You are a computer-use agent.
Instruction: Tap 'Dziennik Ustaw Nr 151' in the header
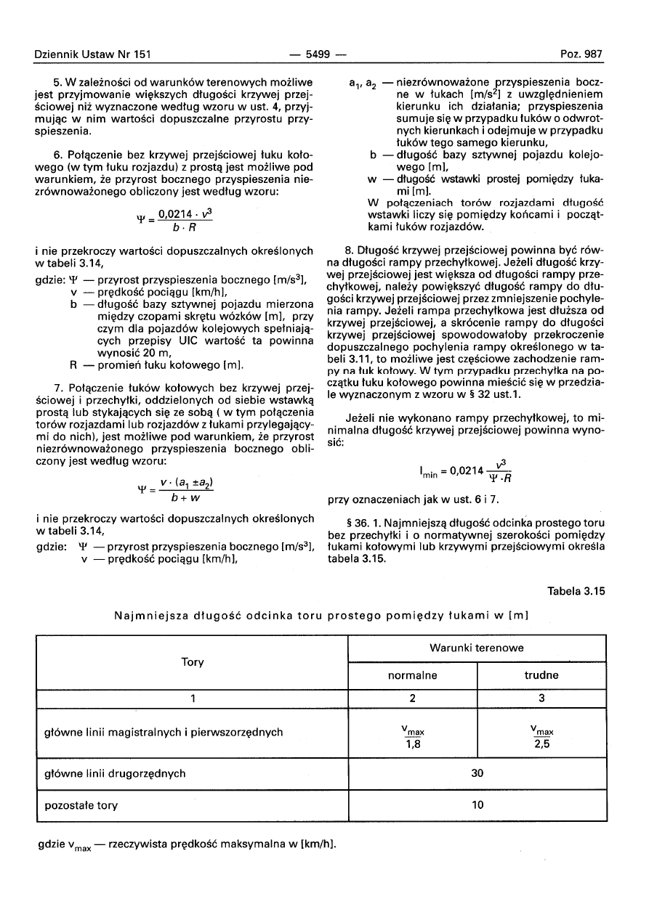pyautogui.click(x=92, y=54)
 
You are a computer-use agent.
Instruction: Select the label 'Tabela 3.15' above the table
pyautogui.click(x=576, y=591)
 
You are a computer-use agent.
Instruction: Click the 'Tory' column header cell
pyautogui.click(x=193, y=662)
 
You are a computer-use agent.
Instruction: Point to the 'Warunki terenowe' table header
pyautogui.click(x=477, y=648)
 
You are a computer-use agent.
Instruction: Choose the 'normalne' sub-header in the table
pyautogui.click(x=412, y=675)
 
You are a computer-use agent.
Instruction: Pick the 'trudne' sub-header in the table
pyautogui.click(x=541, y=675)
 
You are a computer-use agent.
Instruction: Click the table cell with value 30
pyautogui.click(x=477, y=773)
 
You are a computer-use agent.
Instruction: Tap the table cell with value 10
pyautogui.click(x=477, y=805)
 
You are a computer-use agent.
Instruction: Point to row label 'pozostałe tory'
pyautogui.click(x=81, y=805)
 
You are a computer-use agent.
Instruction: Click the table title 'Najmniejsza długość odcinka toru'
pyautogui.click(x=321, y=616)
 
